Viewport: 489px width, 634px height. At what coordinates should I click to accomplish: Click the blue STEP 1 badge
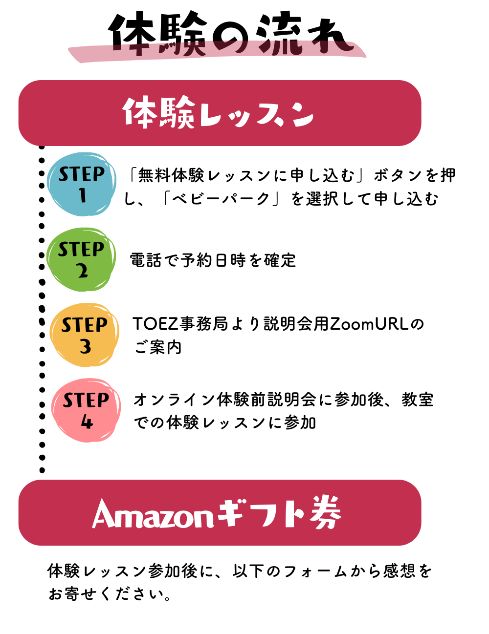pos(82,184)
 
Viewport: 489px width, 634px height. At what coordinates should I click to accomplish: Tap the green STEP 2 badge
pos(82,259)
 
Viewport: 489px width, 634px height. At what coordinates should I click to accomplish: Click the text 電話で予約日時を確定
pos(213,260)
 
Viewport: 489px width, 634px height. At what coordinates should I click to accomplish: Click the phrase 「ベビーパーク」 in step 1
pos(222,199)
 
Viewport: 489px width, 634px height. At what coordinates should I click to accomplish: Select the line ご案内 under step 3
pos(157,347)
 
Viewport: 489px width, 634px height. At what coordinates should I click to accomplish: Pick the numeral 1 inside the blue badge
pos(83,195)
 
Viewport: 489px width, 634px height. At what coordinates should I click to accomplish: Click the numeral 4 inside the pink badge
pos(87,422)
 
